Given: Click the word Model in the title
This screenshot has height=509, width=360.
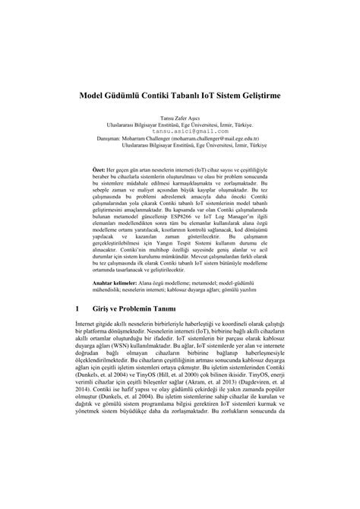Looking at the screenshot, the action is (x=95, y=98).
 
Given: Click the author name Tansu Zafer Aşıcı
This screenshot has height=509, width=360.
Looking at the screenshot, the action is (x=179, y=119).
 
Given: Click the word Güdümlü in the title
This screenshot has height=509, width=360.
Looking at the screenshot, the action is (x=134, y=98).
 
